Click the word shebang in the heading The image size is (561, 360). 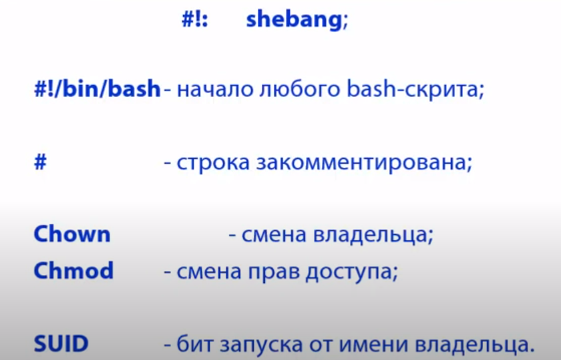pyautogui.click(x=294, y=19)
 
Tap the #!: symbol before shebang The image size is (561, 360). pyautogui.click(x=194, y=19)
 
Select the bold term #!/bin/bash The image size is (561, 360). pyautogui.click(x=97, y=88)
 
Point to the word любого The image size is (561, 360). pyautogui.click(x=299, y=89)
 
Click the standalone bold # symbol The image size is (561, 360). pyautogui.click(x=40, y=162)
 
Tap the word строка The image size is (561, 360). pyautogui.click(x=213, y=163)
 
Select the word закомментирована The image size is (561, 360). pyautogui.click(x=361, y=163)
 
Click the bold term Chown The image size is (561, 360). pyautogui.click(x=72, y=234)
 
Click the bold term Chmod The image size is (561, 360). pyautogui.click(x=73, y=271)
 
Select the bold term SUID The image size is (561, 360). pyautogui.click(x=61, y=343)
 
